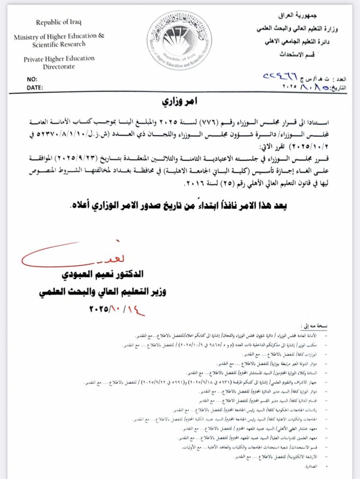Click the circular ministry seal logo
click(x=179, y=41)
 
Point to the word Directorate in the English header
click(x=59, y=66)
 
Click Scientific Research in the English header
click(x=59, y=44)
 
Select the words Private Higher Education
click(x=59, y=59)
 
